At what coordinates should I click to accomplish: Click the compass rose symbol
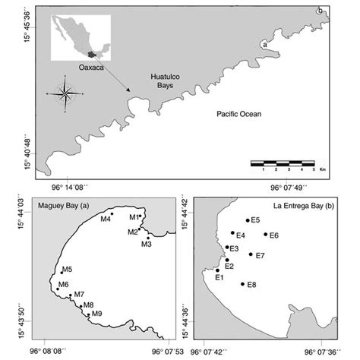click(x=66, y=94)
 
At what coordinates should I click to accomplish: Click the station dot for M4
click(x=112, y=215)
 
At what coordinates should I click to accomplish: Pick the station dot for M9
click(x=89, y=314)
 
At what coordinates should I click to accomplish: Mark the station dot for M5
click(x=62, y=272)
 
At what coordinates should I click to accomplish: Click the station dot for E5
click(x=248, y=220)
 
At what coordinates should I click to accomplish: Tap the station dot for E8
click(x=242, y=284)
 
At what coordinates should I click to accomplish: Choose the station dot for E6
click(x=265, y=234)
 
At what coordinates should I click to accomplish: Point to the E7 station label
click(x=261, y=255)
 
